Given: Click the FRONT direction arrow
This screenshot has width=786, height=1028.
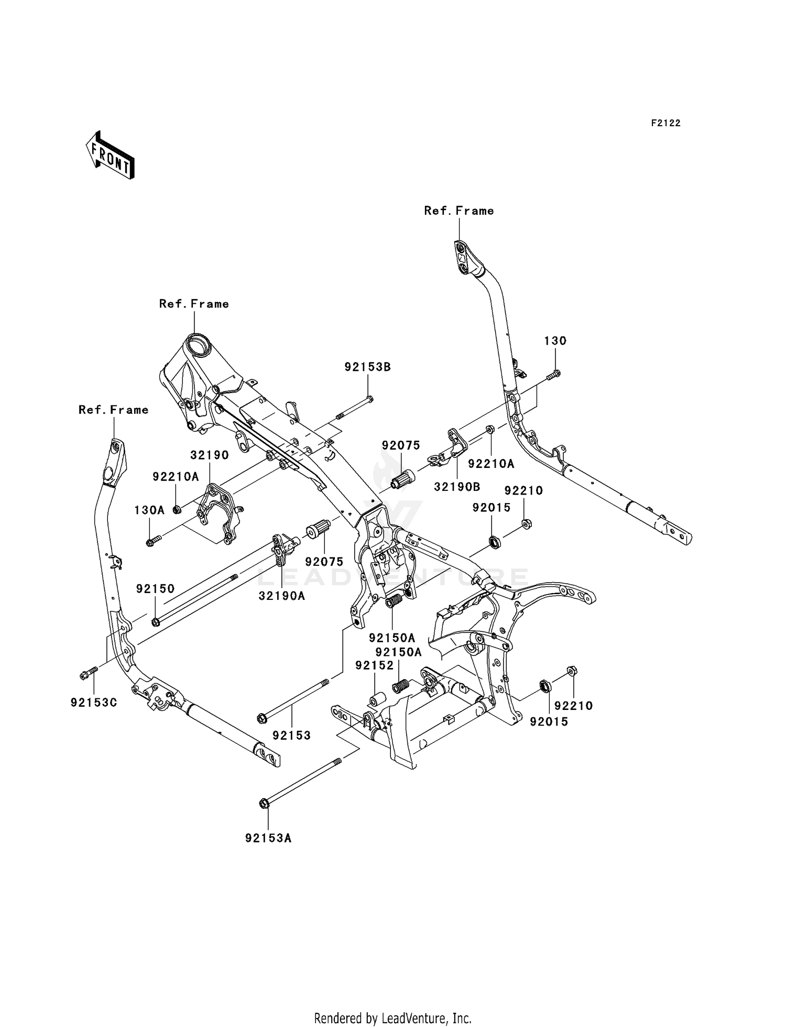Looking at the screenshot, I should tap(110, 156).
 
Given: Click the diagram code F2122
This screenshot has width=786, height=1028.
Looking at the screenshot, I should tap(665, 123).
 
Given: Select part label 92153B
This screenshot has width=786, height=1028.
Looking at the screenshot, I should tap(367, 367).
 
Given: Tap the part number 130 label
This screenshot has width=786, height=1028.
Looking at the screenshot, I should tap(555, 341).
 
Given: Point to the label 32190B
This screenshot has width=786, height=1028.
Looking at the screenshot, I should tap(457, 487).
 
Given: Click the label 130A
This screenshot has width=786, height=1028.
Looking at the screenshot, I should tap(149, 510).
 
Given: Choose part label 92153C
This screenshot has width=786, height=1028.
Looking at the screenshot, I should tap(94, 703).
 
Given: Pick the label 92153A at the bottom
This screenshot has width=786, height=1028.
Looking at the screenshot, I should tap(268, 838).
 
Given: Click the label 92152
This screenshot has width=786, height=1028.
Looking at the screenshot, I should tap(374, 665).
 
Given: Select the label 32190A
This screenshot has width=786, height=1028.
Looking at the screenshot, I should tap(281, 596).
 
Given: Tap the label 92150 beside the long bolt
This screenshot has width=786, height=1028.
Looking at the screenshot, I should tap(155, 589).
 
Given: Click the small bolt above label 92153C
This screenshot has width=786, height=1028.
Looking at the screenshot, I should tap(89, 674).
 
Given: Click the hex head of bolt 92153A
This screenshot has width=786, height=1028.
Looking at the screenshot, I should tap(264, 803).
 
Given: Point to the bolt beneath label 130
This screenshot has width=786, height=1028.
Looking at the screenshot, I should tap(553, 375).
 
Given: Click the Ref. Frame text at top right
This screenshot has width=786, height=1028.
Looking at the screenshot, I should tap(459, 211).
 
